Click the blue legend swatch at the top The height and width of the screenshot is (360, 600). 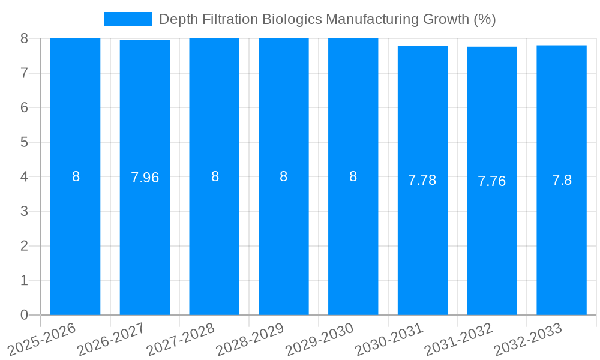127,19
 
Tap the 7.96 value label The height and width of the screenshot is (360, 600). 145,178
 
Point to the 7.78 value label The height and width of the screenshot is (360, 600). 422,180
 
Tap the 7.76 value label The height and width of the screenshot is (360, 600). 492,181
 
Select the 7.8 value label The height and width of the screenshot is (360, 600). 562,180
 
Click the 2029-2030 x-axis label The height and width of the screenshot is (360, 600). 320,339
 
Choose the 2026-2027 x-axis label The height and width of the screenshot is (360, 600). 112,339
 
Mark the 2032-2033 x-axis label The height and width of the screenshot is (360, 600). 528,339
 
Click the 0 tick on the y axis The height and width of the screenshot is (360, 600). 24,315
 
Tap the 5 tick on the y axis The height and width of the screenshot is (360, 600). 24,142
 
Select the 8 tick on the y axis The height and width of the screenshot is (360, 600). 24,38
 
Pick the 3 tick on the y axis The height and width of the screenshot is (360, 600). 24,211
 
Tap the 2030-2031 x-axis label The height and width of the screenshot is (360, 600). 389,339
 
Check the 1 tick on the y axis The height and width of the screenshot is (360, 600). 24,280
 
